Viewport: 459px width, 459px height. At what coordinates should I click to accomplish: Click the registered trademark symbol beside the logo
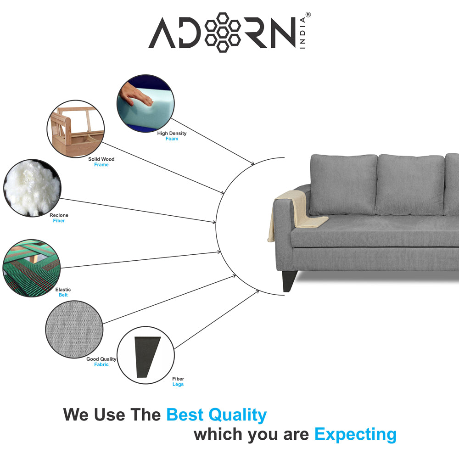pyautogui.click(x=308, y=15)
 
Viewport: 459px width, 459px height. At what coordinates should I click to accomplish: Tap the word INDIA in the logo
pyautogui.click(x=302, y=33)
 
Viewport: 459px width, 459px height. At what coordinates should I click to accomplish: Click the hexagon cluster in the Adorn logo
pyautogui.click(x=223, y=32)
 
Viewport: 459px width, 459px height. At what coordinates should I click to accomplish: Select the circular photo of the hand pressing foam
pyautogui.click(x=146, y=103)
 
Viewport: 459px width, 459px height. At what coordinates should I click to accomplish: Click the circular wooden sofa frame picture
pyautogui.click(x=76, y=129)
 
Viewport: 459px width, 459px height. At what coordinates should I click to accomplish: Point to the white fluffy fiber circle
pyautogui.click(x=32, y=188)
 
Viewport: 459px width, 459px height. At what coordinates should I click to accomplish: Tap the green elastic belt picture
pyautogui.click(x=32, y=268)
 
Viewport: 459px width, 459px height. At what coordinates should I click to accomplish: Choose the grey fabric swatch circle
pyautogui.click(x=74, y=329)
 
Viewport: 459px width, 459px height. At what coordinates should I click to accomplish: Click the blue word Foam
pyautogui.click(x=172, y=139)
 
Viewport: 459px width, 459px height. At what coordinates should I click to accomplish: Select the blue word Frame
pyautogui.click(x=101, y=165)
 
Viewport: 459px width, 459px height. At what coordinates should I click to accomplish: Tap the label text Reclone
pyautogui.click(x=59, y=215)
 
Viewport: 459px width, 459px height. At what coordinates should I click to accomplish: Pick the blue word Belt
pyautogui.click(x=63, y=295)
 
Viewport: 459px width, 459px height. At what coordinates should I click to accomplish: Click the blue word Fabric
pyautogui.click(x=101, y=364)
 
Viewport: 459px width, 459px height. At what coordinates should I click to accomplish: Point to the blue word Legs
pyautogui.click(x=178, y=384)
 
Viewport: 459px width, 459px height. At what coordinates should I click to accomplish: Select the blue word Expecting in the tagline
pyautogui.click(x=355, y=435)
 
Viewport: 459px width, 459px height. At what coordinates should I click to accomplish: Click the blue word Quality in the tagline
pyautogui.click(x=237, y=415)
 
